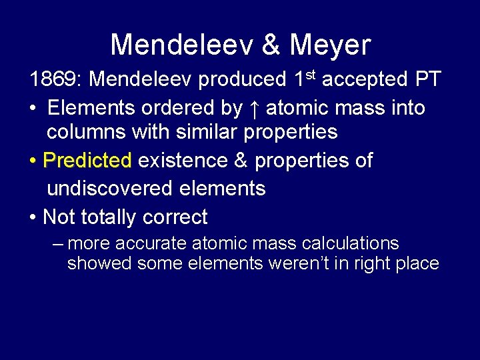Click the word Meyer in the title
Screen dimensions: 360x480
(330, 45)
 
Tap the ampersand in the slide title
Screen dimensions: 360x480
(271, 45)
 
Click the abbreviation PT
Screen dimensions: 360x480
(427, 79)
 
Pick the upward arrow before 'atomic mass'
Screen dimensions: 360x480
(254, 107)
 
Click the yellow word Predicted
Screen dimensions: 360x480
(87, 161)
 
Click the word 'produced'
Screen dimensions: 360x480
(242, 79)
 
